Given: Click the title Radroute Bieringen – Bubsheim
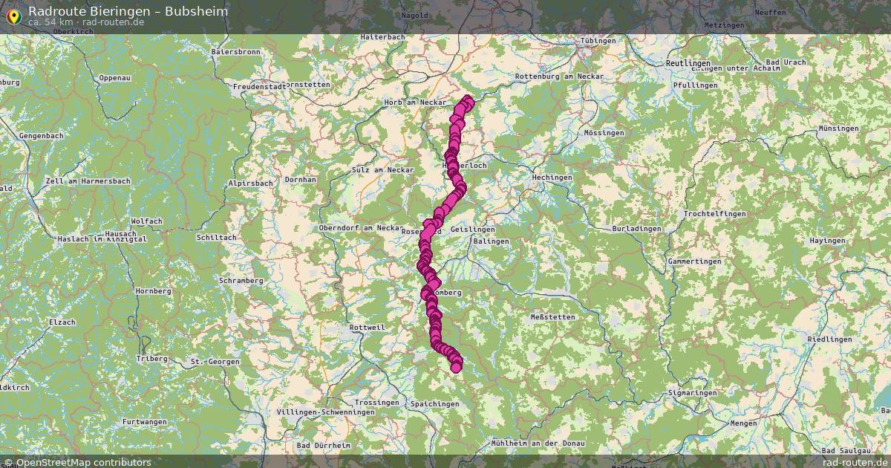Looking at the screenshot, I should tap(128, 11).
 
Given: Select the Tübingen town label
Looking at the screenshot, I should tap(598, 41).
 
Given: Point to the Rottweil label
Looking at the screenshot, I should tap(367, 327).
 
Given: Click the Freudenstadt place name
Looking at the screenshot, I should tap(259, 87).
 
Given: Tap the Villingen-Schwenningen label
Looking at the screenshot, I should tap(325, 412).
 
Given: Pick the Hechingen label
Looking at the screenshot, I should tap(552, 178).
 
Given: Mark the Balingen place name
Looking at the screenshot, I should tap(492, 241).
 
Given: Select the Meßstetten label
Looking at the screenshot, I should tap(552, 317).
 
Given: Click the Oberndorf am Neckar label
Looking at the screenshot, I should tap(360, 227).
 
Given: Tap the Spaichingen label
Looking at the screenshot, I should tap(435, 403).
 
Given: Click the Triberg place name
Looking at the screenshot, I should tap(151, 358).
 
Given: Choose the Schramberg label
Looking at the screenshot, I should tap(241, 280).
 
